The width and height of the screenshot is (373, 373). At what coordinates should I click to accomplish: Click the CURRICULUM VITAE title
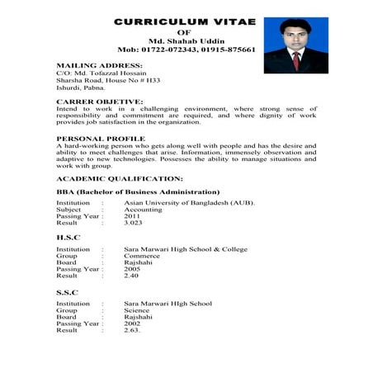pyautogui.click(x=184, y=21)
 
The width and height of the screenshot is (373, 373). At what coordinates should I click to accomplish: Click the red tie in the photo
pyautogui.click(x=295, y=59)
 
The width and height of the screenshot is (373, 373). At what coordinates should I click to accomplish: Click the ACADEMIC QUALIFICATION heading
pyautogui.click(x=120, y=178)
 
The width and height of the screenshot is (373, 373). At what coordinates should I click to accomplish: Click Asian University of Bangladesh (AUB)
pyautogui.click(x=190, y=203)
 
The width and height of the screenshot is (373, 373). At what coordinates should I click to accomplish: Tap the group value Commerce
pyautogui.click(x=142, y=256)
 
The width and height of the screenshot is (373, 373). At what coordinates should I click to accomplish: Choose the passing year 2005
pyautogui.click(x=131, y=269)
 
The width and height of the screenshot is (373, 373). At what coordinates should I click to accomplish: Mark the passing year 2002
pyautogui.click(x=131, y=323)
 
